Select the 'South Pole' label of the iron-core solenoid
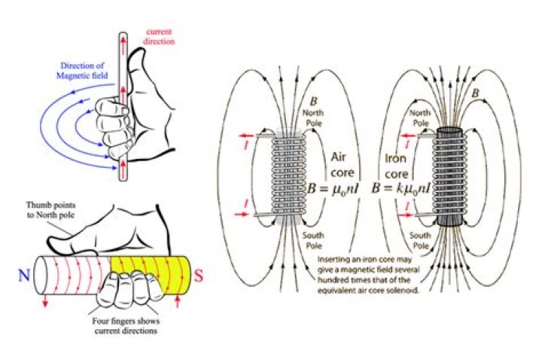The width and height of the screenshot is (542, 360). pyautogui.click(x=419, y=239)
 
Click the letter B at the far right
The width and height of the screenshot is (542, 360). pyautogui.click(x=475, y=93)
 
